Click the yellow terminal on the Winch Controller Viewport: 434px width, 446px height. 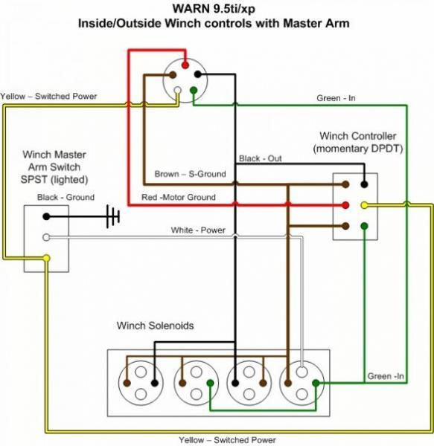[x=363, y=204]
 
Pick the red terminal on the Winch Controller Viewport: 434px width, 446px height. [x=345, y=204]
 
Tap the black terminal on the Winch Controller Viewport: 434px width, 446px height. [x=363, y=184]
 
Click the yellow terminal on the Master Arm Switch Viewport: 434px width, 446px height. [x=46, y=258]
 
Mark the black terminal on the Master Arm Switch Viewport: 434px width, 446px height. [x=46, y=216]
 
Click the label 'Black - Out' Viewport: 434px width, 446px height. [x=261, y=159]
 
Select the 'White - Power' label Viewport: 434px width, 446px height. [x=197, y=230]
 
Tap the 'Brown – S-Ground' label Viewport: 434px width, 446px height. [x=190, y=174]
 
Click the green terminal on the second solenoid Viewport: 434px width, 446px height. [x=211, y=384]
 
